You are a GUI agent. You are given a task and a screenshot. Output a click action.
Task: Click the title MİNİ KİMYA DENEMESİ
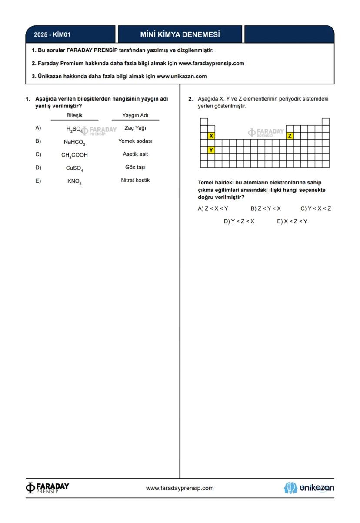click(180, 34)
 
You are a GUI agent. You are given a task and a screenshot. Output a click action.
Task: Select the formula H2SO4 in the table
click(74, 129)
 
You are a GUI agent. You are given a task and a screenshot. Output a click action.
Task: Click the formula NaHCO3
click(74, 142)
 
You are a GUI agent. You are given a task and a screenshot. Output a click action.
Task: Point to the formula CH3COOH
click(74, 155)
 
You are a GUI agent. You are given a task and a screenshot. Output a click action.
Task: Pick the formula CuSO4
click(74, 168)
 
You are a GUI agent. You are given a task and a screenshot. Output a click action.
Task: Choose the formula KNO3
click(74, 181)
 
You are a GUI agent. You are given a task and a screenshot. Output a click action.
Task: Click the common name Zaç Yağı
click(135, 128)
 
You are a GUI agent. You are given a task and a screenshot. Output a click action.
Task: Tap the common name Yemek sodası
click(135, 141)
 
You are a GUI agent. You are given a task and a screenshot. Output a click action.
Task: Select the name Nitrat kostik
click(135, 180)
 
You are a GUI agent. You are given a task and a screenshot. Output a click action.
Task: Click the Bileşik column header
click(74, 115)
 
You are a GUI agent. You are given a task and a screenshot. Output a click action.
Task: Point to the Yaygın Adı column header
click(135, 115)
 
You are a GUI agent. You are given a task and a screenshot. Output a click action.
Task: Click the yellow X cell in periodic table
click(211, 136)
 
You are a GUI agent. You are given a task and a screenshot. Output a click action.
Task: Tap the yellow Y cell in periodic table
click(211, 150)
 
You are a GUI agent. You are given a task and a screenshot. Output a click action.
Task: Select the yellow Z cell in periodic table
click(290, 136)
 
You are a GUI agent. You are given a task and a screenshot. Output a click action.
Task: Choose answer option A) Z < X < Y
click(213, 208)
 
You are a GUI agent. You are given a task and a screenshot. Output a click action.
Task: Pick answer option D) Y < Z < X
click(239, 221)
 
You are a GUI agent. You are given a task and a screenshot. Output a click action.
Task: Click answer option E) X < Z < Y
click(292, 221)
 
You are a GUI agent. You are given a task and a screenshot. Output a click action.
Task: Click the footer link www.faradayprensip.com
click(180, 488)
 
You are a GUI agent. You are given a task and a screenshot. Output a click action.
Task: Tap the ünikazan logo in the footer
click(309, 488)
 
